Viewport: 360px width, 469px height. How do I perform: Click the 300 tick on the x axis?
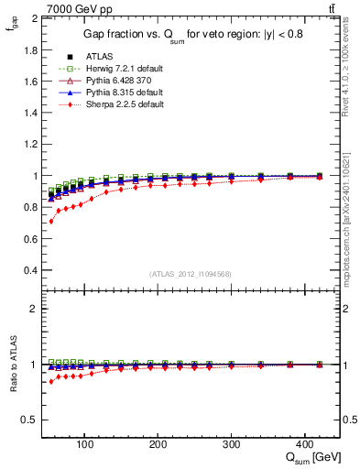(231, 444)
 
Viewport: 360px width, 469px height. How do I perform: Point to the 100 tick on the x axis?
(84, 444)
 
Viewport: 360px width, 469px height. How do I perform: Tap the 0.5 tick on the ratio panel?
(31, 420)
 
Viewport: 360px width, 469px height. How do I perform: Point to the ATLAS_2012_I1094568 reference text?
(189, 274)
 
